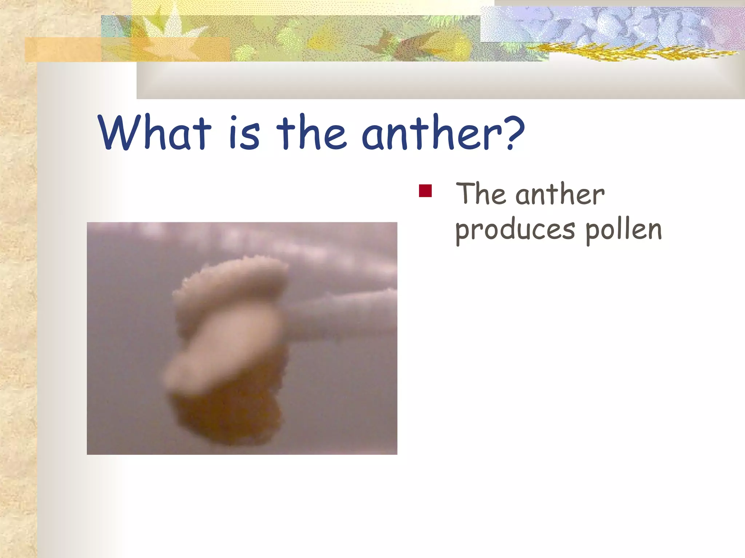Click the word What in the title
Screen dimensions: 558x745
155,133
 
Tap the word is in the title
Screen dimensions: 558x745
244,133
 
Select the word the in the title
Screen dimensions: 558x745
311,133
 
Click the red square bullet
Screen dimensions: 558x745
425,191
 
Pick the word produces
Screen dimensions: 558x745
515,231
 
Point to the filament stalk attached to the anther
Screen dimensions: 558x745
338,316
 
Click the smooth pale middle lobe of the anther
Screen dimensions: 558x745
226,345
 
